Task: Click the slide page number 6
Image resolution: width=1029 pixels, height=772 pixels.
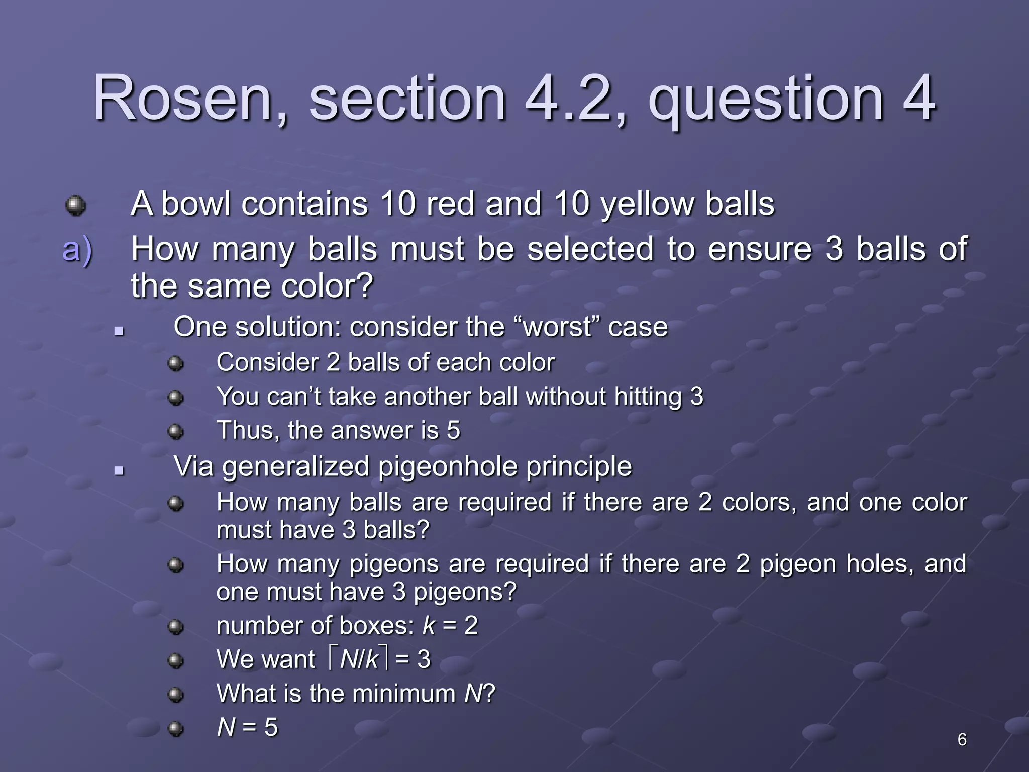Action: point(962,739)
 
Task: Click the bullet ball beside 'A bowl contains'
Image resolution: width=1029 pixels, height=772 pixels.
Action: point(76,205)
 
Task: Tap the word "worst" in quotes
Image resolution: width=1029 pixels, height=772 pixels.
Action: point(557,327)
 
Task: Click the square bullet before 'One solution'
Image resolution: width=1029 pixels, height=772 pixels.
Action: point(119,331)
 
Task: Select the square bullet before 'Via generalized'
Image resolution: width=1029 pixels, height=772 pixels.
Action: point(119,471)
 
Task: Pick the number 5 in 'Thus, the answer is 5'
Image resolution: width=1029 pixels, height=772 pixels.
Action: point(453,431)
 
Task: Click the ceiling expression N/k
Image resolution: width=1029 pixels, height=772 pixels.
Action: point(359,659)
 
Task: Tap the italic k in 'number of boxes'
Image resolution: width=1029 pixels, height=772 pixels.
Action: point(429,626)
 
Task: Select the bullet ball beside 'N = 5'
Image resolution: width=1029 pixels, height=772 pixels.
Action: point(175,728)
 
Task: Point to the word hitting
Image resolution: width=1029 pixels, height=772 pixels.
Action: point(648,397)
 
